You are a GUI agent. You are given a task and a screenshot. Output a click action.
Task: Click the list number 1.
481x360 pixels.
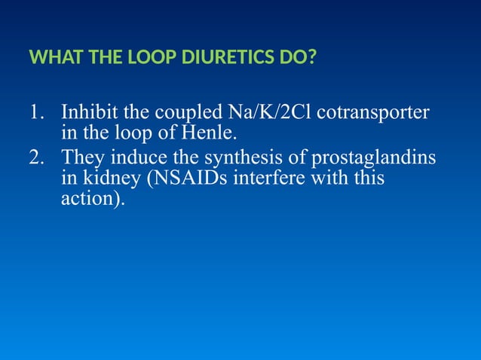pos(35,114)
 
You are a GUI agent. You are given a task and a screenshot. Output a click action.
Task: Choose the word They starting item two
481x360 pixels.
pos(81,159)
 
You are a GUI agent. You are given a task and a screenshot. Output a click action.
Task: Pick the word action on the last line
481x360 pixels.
pos(88,202)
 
